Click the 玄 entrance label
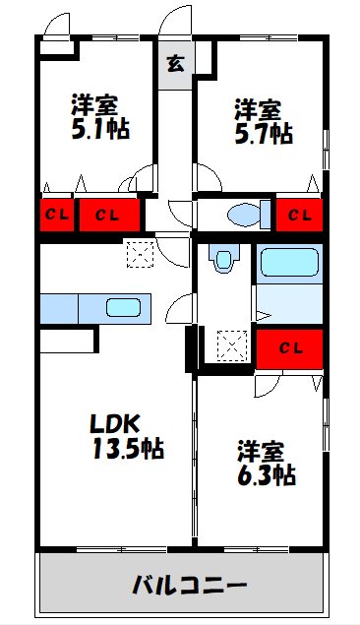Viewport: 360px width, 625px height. tap(176, 64)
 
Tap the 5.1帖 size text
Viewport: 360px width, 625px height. tap(100, 129)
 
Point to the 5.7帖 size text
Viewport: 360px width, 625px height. tap(264, 134)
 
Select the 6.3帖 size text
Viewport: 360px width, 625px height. tap(266, 474)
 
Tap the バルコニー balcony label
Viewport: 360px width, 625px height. tap(190, 586)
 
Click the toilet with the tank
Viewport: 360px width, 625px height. tap(249, 215)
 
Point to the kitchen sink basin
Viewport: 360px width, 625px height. tap(124, 308)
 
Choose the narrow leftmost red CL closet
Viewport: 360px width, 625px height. tap(57, 216)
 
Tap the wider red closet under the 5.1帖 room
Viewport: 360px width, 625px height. tap(109, 216)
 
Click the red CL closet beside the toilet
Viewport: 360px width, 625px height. tap(299, 216)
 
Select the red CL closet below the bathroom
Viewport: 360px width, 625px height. tap(289, 349)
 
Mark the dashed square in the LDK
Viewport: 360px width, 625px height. tap(140, 254)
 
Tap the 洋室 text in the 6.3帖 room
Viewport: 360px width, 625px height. tap(261, 451)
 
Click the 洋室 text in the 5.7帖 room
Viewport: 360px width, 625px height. tap(258, 110)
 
